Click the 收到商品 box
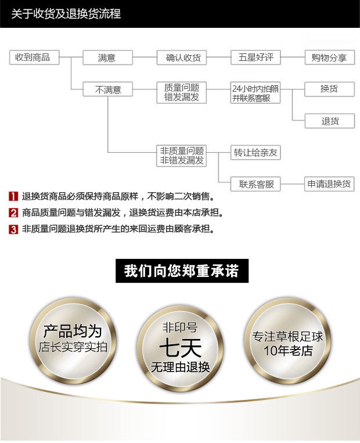(x=33, y=57)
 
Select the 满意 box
(x=107, y=57)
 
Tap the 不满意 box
(x=107, y=89)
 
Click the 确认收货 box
(x=182, y=57)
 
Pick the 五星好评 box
(x=255, y=57)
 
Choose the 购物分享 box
(x=329, y=57)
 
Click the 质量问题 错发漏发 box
(x=182, y=93)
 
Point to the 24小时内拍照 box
(x=255, y=93)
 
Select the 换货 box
(x=329, y=89)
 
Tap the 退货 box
(x=329, y=121)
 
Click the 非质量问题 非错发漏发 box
(x=182, y=156)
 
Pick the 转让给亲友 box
(x=255, y=153)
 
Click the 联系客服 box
(x=255, y=185)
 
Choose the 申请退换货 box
(x=329, y=185)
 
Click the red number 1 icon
(x=13, y=196)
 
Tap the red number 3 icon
(x=13, y=229)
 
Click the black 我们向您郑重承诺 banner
(x=181, y=271)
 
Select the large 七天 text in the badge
(x=181, y=348)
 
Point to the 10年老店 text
(x=287, y=351)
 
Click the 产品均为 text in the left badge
(x=72, y=332)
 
